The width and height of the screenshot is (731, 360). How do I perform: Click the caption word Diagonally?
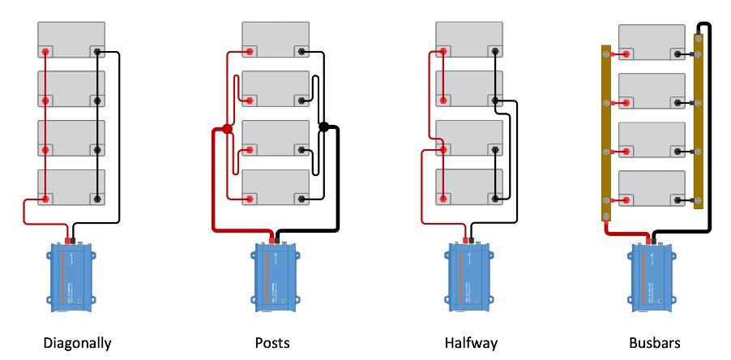tap(77, 343)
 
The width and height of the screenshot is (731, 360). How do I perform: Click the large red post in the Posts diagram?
tap(228, 129)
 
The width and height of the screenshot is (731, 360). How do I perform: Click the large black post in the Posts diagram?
tap(324, 127)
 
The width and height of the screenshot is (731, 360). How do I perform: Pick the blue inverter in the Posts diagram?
tap(276, 276)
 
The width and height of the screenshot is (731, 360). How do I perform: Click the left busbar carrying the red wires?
tap(606, 133)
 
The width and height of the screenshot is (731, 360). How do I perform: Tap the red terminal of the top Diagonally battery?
tap(46, 53)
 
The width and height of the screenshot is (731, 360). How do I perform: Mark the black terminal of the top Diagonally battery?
tap(97, 53)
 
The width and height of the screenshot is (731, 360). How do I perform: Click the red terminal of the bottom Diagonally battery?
tap(46, 199)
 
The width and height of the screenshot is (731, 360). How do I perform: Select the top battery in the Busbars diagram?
tap(652, 42)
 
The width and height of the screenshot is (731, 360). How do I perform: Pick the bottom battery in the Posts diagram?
tap(276, 188)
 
